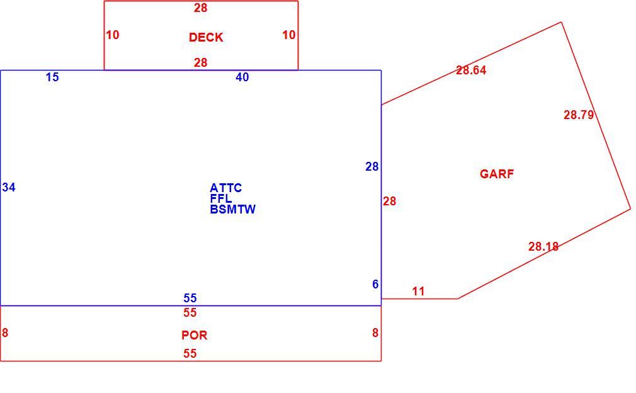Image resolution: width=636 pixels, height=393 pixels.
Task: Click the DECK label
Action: pyautogui.click(x=206, y=37)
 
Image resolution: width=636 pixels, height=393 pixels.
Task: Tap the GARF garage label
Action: pyautogui.click(x=497, y=174)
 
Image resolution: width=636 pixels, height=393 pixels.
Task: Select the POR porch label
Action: pyautogui.click(x=195, y=335)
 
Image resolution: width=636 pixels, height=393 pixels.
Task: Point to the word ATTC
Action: pyautogui.click(x=226, y=188)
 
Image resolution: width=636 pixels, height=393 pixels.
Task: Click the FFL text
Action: pyautogui.click(x=221, y=199)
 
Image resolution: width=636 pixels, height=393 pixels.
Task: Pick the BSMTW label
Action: pyautogui.click(x=233, y=209)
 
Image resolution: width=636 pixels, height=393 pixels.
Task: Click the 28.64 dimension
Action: pyautogui.click(x=471, y=70)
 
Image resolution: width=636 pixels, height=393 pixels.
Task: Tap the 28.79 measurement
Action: pyautogui.click(x=579, y=115)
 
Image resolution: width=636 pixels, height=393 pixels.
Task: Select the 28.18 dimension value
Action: pyautogui.click(x=543, y=246)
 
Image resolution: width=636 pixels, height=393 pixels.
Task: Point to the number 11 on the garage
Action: pyautogui.click(x=419, y=291)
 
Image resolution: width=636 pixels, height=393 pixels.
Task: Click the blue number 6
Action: pyautogui.click(x=375, y=284)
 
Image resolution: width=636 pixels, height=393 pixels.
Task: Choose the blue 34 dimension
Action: pyautogui.click(x=9, y=188)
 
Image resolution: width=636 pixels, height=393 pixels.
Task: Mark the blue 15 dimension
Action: pyautogui.click(x=52, y=77)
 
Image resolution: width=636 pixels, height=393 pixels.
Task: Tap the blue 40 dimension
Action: pyautogui.click(x=242, y=77)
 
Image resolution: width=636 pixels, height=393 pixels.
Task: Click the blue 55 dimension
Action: pyautogui.click(x=190, y=298)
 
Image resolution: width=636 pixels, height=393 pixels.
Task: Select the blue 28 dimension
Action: pyautogui.click(x=372, y=167)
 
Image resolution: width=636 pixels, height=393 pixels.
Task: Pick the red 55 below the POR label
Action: pyautogui.click(x=190, y=354)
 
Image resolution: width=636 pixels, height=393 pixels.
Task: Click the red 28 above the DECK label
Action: pyautogui.click(x=200, y=8)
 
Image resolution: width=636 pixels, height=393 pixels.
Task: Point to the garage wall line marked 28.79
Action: pyautogui.click(x=596, y=116)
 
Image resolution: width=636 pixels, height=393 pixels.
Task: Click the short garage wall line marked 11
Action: pyautogui.click(x=419, y=299)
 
